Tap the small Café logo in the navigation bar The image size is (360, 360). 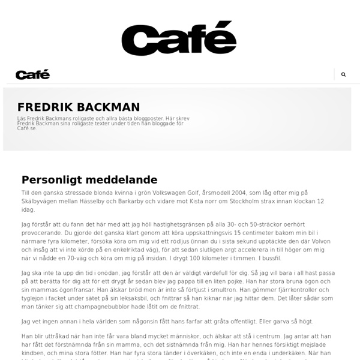click(32, 74)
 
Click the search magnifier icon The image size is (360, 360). click(343, 74)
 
